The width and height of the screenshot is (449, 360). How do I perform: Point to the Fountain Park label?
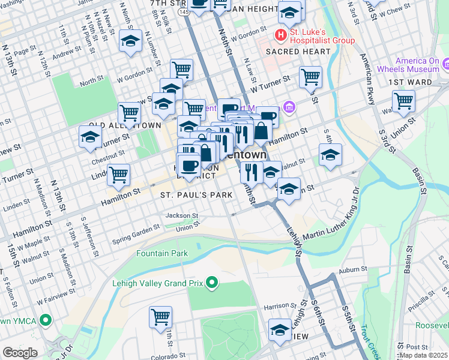click(x=161, y=253)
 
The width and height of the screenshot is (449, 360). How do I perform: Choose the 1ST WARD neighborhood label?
click(x=407, y=82)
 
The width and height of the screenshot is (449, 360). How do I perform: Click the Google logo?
click(x=20, y=353)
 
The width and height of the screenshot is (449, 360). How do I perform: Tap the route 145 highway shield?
click(x=184, y=12)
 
